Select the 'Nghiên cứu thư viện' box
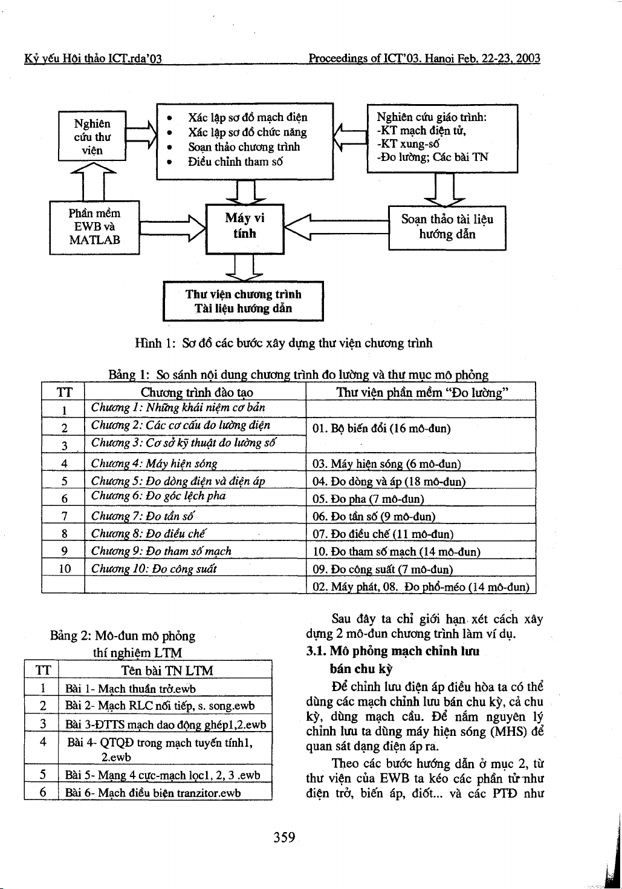tap(92, 136)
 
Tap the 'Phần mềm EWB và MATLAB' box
tap(94, 227)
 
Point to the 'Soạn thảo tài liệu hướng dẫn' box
tap(447, 227)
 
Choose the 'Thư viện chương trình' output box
tap(243, 301)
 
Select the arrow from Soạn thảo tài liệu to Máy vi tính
tap(335, 228)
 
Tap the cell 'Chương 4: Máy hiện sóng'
tap(154, 464)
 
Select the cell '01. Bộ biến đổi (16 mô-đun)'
tap(382, 429)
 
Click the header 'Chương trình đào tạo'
tap(196, 393)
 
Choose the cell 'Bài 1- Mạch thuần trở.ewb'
tap(131, 689)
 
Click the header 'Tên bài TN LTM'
tap(167, 671)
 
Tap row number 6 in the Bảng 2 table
tap(43, 792)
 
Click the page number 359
tap(284, 838)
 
